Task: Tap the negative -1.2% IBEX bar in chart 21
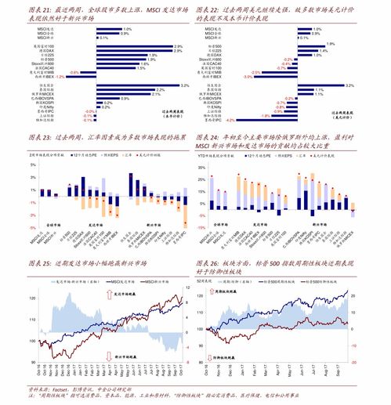click(89, 77)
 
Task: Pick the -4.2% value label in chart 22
click(228, 121)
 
